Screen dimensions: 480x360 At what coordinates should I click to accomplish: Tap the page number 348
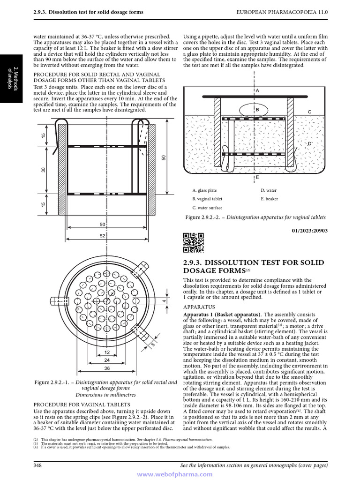38,465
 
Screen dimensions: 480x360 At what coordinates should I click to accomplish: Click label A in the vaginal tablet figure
257,90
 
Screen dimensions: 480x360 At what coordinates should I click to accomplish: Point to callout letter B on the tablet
257,110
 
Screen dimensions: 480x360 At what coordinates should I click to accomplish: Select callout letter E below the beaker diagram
257,178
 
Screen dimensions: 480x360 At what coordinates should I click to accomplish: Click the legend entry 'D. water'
269,191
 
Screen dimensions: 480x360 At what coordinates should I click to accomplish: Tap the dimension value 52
102,236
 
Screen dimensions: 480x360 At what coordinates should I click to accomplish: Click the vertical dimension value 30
43,170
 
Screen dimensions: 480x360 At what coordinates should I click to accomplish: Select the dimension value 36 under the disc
107,369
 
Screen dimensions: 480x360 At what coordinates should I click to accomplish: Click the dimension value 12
107,352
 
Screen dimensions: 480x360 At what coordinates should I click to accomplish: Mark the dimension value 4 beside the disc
164,300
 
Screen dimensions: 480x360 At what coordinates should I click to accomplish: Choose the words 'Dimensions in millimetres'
105,395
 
